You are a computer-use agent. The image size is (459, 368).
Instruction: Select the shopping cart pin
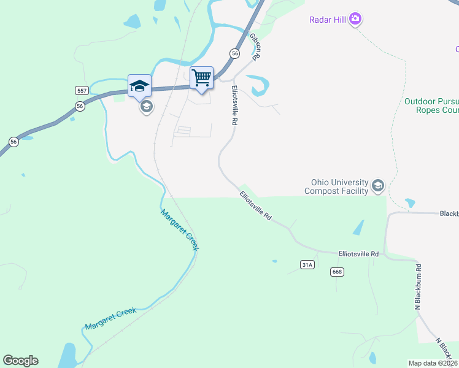pos(201,78)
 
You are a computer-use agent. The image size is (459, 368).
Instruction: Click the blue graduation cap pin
pos(139,86)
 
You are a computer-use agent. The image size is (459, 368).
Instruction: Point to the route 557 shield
pos(82,91)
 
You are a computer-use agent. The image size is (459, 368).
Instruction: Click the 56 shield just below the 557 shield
pos(80,106)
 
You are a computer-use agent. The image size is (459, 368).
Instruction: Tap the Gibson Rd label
pos(255,46)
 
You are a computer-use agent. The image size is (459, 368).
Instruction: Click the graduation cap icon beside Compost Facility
pos(378,186)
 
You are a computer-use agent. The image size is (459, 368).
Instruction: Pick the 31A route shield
pos(307,264)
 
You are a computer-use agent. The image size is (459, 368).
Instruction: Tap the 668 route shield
pos(336,271)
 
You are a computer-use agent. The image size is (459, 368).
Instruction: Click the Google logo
pos(20,361)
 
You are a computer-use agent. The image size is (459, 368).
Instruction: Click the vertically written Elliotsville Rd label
pos(234,105)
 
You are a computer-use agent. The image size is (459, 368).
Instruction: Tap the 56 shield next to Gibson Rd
pos(235,54)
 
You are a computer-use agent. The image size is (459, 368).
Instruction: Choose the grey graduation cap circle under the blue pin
pos(146,107)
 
